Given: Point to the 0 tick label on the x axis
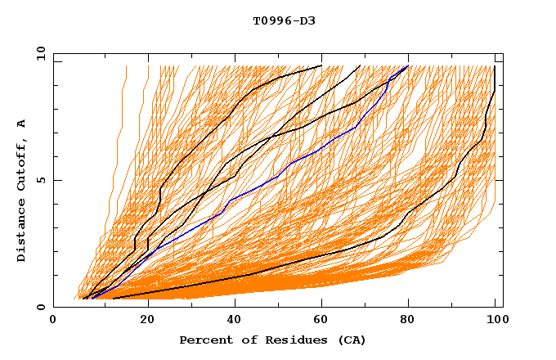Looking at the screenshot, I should tap(54, 321).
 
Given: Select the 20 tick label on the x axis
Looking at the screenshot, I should tap(147, 321).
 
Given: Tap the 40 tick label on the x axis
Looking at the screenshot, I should tap(236, 321).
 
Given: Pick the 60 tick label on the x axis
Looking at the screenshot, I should tap(325, 321).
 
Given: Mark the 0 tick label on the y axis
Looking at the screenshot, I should tap(40, 308).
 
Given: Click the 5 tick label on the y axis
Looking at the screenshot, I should tap(40, 180).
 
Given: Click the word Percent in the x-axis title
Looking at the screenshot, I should tap(202, 340).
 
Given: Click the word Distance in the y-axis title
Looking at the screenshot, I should tap(22, 232).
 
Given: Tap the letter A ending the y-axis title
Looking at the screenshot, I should tap(22, 124).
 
